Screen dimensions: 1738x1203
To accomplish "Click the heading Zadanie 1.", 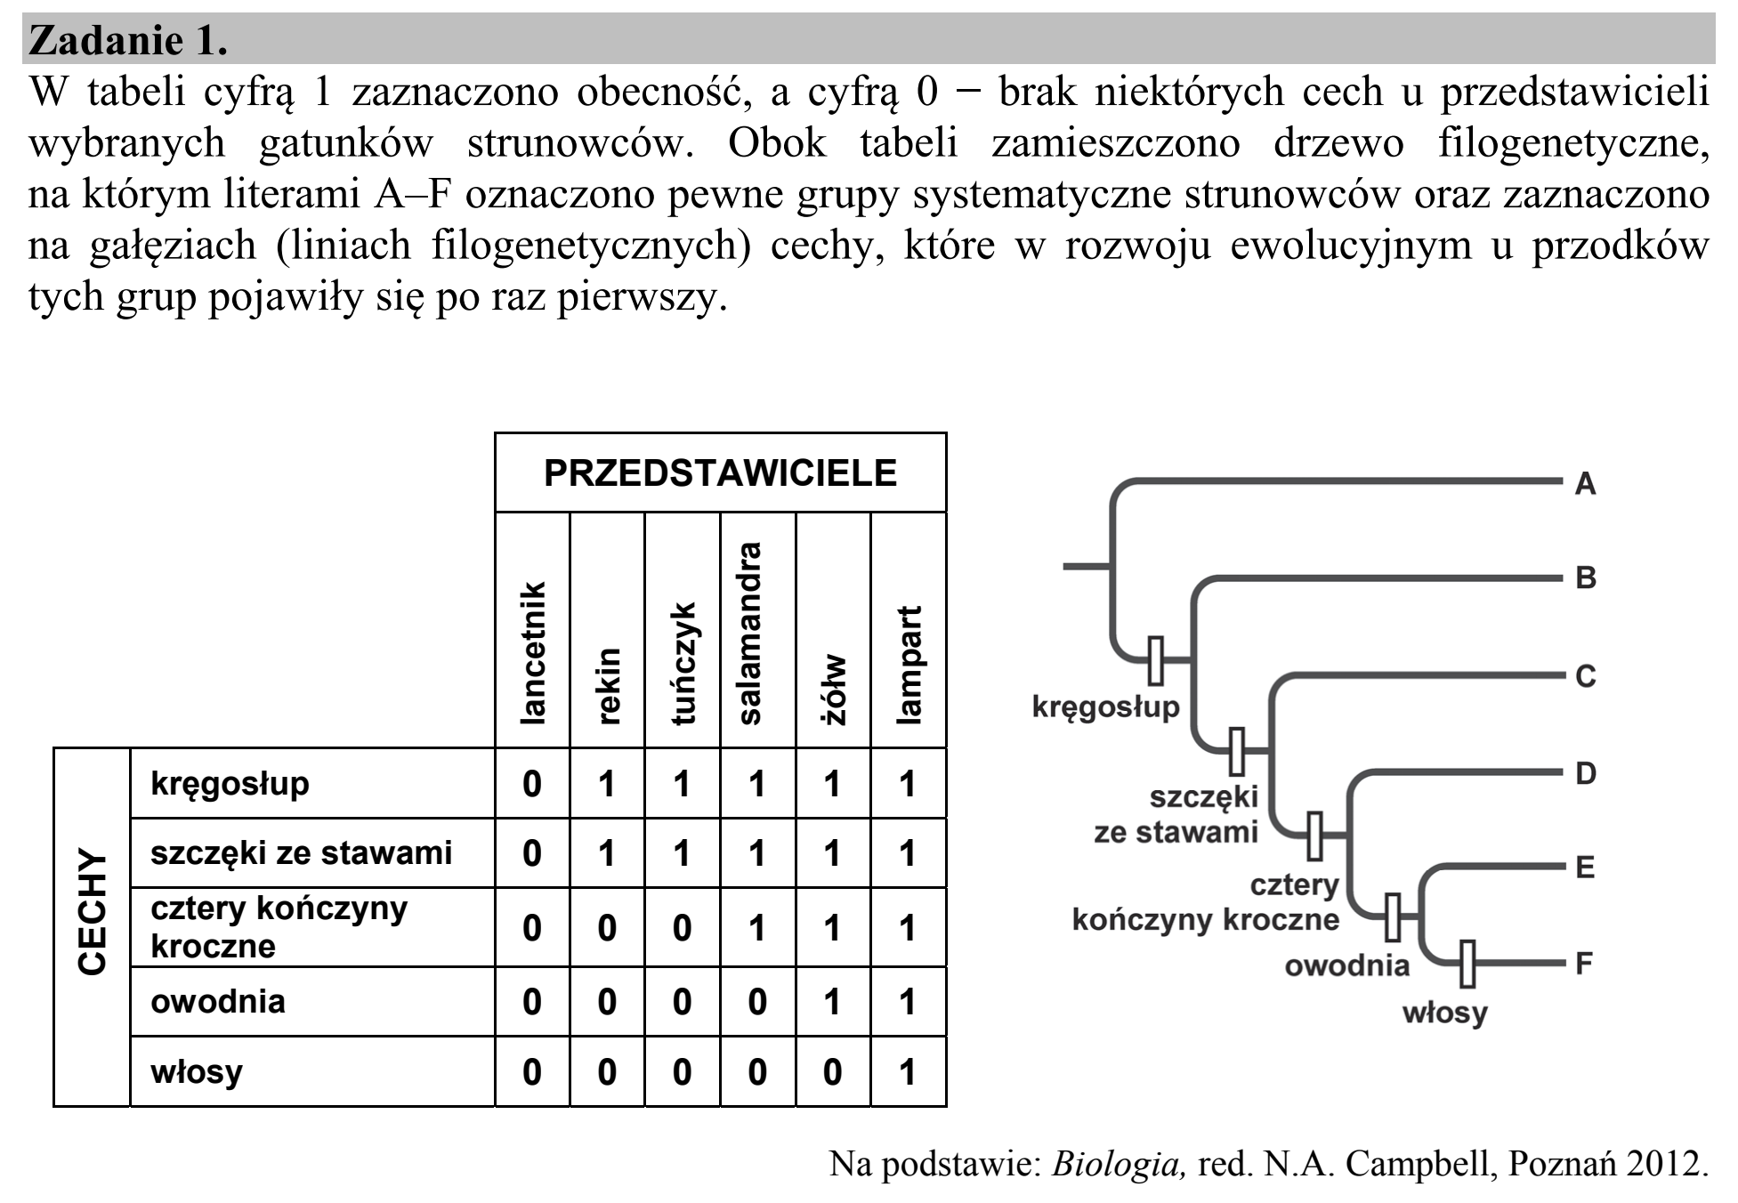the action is tap(129, 41).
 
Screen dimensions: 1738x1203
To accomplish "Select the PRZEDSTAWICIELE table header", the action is tap(720, 473).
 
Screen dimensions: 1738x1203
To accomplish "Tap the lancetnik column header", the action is tap(532, 652).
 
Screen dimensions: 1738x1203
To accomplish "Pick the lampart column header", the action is tap(908, 665).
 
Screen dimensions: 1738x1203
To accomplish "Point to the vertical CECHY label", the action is tap(93, 911).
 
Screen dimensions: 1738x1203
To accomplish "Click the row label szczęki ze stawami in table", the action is tap(301, 853).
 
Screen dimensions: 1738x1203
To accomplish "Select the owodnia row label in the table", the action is tap(218, 1001).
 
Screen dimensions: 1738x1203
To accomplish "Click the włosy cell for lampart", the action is tap(908, 1072).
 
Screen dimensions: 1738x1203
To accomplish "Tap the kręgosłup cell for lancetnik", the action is tap(532, 784).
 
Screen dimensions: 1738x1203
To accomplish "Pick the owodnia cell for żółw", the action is tap(832, 1002).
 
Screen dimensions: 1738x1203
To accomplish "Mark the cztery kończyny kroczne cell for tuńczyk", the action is tap(682, 928).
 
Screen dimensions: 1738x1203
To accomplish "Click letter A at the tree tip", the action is tap(1585, 484).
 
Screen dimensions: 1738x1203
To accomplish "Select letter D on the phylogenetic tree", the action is tap(1586, 773).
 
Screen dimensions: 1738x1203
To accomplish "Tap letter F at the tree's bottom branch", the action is tap(1584, 963).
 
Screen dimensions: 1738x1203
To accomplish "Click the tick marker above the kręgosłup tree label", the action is tap(1155, 660).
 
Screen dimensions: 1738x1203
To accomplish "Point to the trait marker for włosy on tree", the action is tap(1467, 964).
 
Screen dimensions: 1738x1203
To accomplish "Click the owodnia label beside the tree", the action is tap(1347, 965).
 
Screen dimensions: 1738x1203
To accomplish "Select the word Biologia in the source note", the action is tap(1119, 1163).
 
